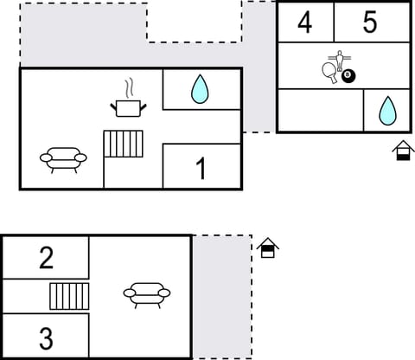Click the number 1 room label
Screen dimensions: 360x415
[x=201, y=169]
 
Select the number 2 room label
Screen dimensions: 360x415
[x=46, y=257]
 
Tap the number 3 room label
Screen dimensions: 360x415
[x=46, y=337]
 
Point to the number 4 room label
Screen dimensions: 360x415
[x=304, y=22]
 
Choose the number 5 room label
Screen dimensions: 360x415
[x=370, y=22]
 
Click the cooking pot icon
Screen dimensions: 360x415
[x=129, y=107]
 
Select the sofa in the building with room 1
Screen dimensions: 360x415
[x=63, y=158]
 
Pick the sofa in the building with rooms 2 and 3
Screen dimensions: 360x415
[x=146, y=294]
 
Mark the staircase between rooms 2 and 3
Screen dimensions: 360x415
[x=69, y=296]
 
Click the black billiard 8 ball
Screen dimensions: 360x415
[x=348, y=77]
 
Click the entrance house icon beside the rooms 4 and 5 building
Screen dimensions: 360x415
[x=402, y=151]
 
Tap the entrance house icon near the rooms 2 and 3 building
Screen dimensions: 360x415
[x=268, y=248]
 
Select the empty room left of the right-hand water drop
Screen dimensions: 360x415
[x=318, y=110]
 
